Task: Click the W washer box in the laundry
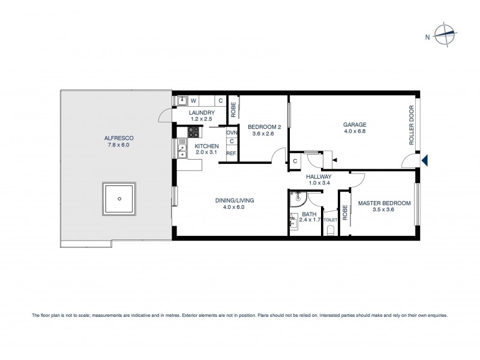pyautogui.click(x=193, y=101)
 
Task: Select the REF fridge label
pyautogui.click(x=231, y=154)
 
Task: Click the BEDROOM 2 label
pyautogui.click(x=265, y=127)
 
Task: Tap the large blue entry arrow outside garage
pyautogui.click(x=425, y=160)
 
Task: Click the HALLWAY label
pyautogui.click(x=319, y=176)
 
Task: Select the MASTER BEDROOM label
pyautogui.click(x=384, y=203)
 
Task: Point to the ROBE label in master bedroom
pyautogui.click(x=345, y=212)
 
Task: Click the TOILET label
pyautogui.click(x=331, y=220)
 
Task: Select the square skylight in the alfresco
pyautogui.click(x=120, y=199)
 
